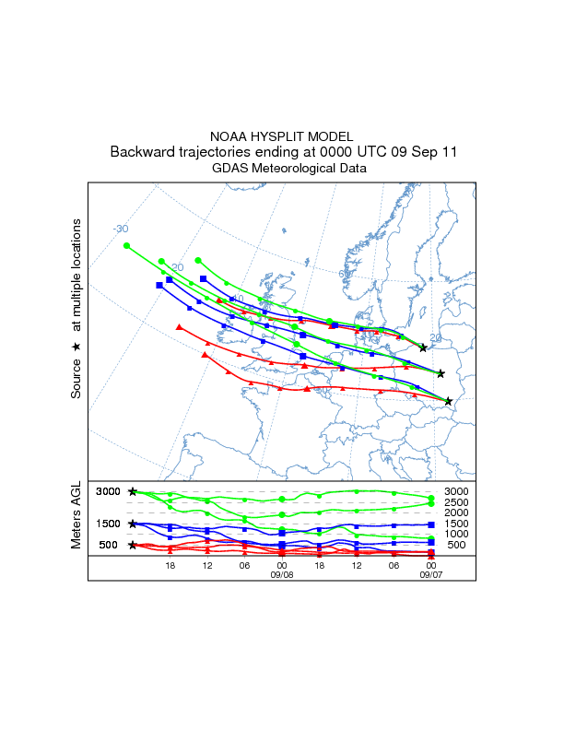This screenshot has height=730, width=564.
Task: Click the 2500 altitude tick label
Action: coord(457,502)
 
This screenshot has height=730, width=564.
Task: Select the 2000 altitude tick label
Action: coord(457,512)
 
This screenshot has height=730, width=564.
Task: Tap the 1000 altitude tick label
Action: coord(457,534)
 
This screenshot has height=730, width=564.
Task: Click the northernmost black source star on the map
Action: coord(423,347)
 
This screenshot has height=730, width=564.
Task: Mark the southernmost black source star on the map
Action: coord(449,401)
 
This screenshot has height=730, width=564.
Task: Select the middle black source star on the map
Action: coord(441,373)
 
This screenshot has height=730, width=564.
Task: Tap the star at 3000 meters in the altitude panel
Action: coord(133,492)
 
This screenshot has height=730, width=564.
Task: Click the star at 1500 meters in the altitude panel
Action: coord(133,524)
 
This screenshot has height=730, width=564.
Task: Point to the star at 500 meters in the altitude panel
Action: coord(133,545)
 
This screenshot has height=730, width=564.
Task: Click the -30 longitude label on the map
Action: coord(121,229)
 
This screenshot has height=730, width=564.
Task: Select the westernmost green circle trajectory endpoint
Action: coord(127,245)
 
